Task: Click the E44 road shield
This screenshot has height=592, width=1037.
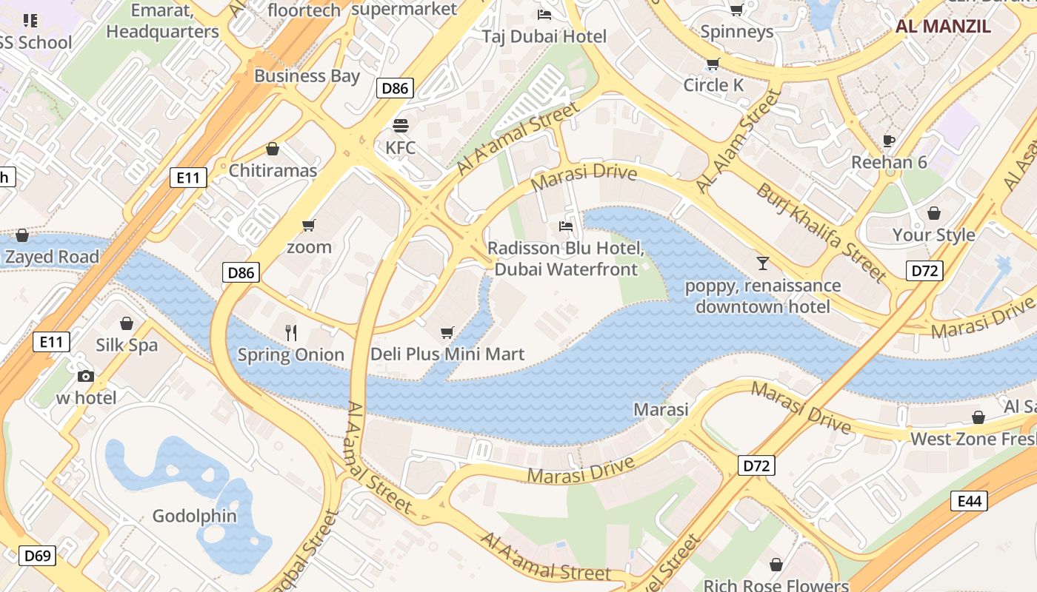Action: pyautogui.click(x=969, y=501)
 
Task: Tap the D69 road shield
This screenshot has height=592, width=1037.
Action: pyautogui.click(x=36, y=555)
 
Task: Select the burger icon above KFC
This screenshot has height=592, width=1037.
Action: pyautogui.click(x=400, y=126)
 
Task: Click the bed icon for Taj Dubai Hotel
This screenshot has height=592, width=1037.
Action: pyautogui.click(x=544, y=14)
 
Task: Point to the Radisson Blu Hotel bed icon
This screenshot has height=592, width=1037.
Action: pyautogui.click(x=566, y=226)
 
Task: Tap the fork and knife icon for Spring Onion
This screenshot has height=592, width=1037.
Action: pyautogui.click(x=291, y=333)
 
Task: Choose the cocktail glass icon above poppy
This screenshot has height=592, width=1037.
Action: pyautogui.click(x=762, y=262)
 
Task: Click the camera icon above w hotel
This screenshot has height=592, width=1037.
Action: pyautogui.click(x=86, y=376)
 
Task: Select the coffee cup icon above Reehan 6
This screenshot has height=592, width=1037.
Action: pyautogui.click(x=889, y=140)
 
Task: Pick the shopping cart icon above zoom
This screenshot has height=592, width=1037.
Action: pyautogui.click(x=309, y=225)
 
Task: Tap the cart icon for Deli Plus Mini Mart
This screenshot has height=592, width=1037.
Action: pyautogui.click(x=447, y=333)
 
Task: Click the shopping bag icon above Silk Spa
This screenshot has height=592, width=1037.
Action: pyautogui.click(x=127, y=323)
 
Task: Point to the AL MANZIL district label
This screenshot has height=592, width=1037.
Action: pyautogui.click(x=943, y=27)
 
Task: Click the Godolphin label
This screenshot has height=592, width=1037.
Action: pyautogui.click(x=195, y=516)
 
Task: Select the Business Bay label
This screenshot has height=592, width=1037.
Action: pyautogui.click(x=307, y=75)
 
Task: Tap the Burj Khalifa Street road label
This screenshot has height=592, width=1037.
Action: pyautogui.click(x=821, y=232)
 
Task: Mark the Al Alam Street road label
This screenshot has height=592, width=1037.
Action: pyautogui.click(x=738, y=141)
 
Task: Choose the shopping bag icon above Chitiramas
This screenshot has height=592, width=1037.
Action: pyautogui.click(x=273, y=149)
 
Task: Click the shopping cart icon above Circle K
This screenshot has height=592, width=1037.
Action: pyautogui.click(x=713, y=64)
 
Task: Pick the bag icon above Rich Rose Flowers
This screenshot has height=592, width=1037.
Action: pyautogui.click(x=776, y=565)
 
